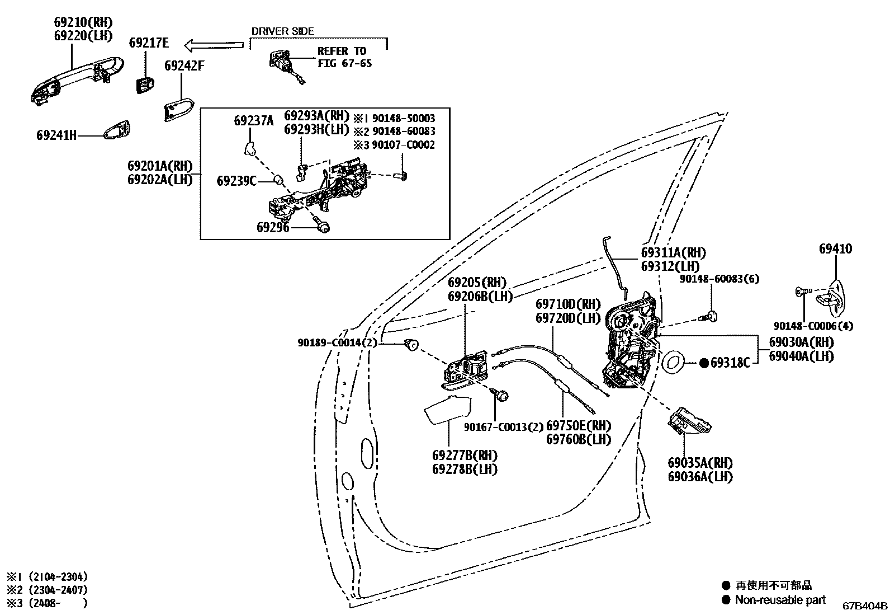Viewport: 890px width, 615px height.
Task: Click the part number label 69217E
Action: tap(148, 43)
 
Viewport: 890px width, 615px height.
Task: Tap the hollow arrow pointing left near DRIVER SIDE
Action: tap(214, 44)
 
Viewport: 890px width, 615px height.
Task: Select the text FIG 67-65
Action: tap(344, 63)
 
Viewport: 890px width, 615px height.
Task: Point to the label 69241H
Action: tap(56, 135)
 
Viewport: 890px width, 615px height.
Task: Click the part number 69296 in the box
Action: tap(273, 227)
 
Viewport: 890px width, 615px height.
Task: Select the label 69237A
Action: tap(254, 120)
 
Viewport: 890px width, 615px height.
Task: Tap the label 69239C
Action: tap(236, 181)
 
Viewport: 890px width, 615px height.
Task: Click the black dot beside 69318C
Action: tap(704, 363)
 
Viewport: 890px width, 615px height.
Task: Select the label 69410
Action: tap(836, 249)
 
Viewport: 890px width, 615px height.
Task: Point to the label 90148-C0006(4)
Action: tap(813, 326)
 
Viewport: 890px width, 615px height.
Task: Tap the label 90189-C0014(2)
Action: tap(337, 342)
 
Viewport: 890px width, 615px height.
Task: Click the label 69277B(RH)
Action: tap(465, 455)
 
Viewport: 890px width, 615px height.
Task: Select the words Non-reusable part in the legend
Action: tap(780, 599)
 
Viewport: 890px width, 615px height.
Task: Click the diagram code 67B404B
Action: tap(864, 605)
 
